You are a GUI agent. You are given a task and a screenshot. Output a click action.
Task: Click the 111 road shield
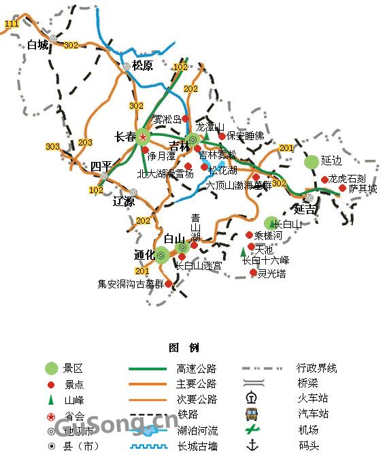[x=12, y=24]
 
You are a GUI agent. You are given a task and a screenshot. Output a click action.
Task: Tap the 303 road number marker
[x=52, y=146]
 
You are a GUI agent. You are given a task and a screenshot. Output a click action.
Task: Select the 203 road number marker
[x=85, y=142]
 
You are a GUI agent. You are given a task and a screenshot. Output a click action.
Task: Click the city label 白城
[x=39, y=46]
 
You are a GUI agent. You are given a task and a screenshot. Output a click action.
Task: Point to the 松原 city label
[x=142, y=66]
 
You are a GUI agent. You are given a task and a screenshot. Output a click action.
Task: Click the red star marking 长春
[x=144, y=137]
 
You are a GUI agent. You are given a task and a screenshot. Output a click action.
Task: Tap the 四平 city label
[x=101, y=166]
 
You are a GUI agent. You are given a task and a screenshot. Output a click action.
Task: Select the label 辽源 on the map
[x=124, y=201]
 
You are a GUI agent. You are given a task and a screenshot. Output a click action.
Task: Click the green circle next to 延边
[x=311, y=161]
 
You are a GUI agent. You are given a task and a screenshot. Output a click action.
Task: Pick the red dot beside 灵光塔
[x=253, y=273]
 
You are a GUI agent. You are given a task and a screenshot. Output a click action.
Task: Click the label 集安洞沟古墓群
[x=131, y=284]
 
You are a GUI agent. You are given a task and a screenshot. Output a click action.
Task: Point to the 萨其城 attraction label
[x=363, y=188]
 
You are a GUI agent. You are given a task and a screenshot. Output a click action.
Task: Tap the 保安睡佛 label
[x=245, y=136]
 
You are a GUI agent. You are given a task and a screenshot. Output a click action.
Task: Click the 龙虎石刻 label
[x=347, y=179]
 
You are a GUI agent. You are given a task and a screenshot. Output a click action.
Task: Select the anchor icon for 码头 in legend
[x=253, y=445]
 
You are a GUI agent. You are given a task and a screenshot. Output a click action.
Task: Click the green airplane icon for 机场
[x=253, y=430]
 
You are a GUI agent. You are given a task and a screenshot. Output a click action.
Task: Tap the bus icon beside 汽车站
[x=253, y=414]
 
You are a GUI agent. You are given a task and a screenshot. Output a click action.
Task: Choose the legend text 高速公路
[x=196, y=369]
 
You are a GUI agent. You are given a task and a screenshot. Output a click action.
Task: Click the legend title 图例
[x=184, y=348]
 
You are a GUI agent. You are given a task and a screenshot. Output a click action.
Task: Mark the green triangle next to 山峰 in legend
[x=51, y=400]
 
